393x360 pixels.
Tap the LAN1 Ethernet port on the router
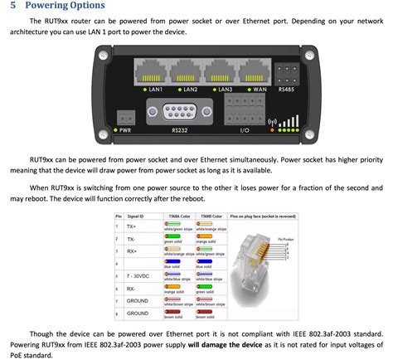[x=153, y=71]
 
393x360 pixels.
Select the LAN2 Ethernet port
[x=191, y=71]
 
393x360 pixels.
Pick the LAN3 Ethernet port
[x=226, y=71]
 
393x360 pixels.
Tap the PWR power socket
[x=125, y=117]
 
